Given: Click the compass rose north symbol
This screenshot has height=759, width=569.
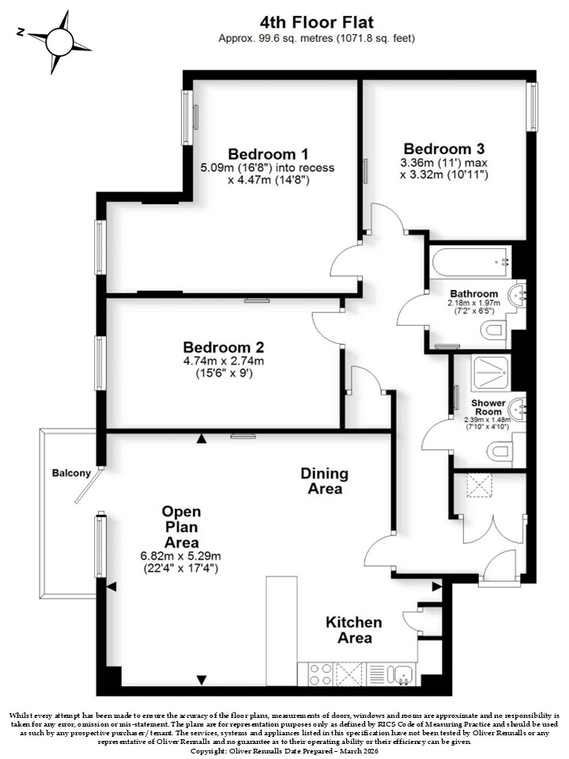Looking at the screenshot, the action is (59, 42).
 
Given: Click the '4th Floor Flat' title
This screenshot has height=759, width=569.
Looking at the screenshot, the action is (317, 22).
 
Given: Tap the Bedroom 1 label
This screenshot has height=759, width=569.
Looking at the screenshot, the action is (268, 154).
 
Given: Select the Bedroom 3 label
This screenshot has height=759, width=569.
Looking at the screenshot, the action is (444, 149).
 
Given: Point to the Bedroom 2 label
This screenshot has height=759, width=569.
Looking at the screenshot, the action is (224, 347).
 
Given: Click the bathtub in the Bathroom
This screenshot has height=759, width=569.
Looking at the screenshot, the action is (471, 262).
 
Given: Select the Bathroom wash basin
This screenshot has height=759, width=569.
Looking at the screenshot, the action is (518, 294).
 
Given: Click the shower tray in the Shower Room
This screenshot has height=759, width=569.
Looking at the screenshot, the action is (491, 372).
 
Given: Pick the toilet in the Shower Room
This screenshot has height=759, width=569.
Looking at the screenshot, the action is (499, 451).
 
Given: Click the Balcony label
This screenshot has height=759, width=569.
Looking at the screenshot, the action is (72, 473).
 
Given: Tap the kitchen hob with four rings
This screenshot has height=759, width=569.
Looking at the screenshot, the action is (320, 674).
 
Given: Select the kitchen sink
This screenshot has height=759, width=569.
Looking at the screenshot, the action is (402, 674).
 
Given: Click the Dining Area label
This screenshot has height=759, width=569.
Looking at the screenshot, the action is (325, 481).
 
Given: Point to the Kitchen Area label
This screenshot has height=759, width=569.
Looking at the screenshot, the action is (354, 630).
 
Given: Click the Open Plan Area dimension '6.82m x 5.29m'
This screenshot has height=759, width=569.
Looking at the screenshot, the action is (180, 556).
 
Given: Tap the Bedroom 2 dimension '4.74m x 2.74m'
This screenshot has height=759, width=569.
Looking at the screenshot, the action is (224, 361).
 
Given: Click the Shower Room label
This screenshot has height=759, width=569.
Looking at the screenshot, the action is (488, 407).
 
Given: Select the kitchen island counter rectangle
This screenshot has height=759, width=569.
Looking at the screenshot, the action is (281, 631).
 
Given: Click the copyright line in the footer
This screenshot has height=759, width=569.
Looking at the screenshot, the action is (284, 751).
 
